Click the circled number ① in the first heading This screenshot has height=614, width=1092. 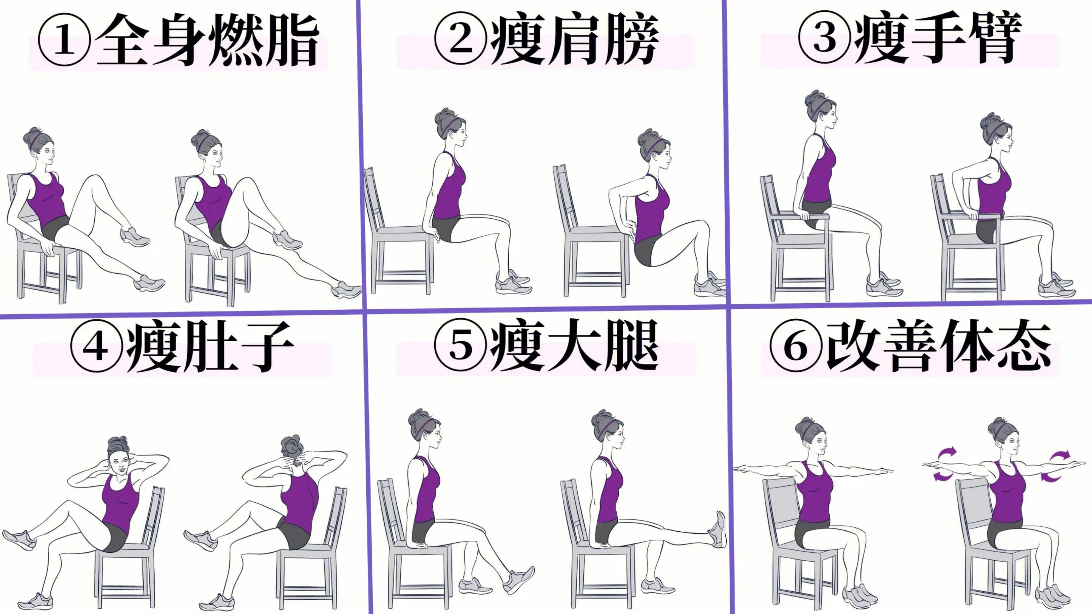pos(64,40)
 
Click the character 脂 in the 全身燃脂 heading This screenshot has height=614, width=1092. pos(292,40)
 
